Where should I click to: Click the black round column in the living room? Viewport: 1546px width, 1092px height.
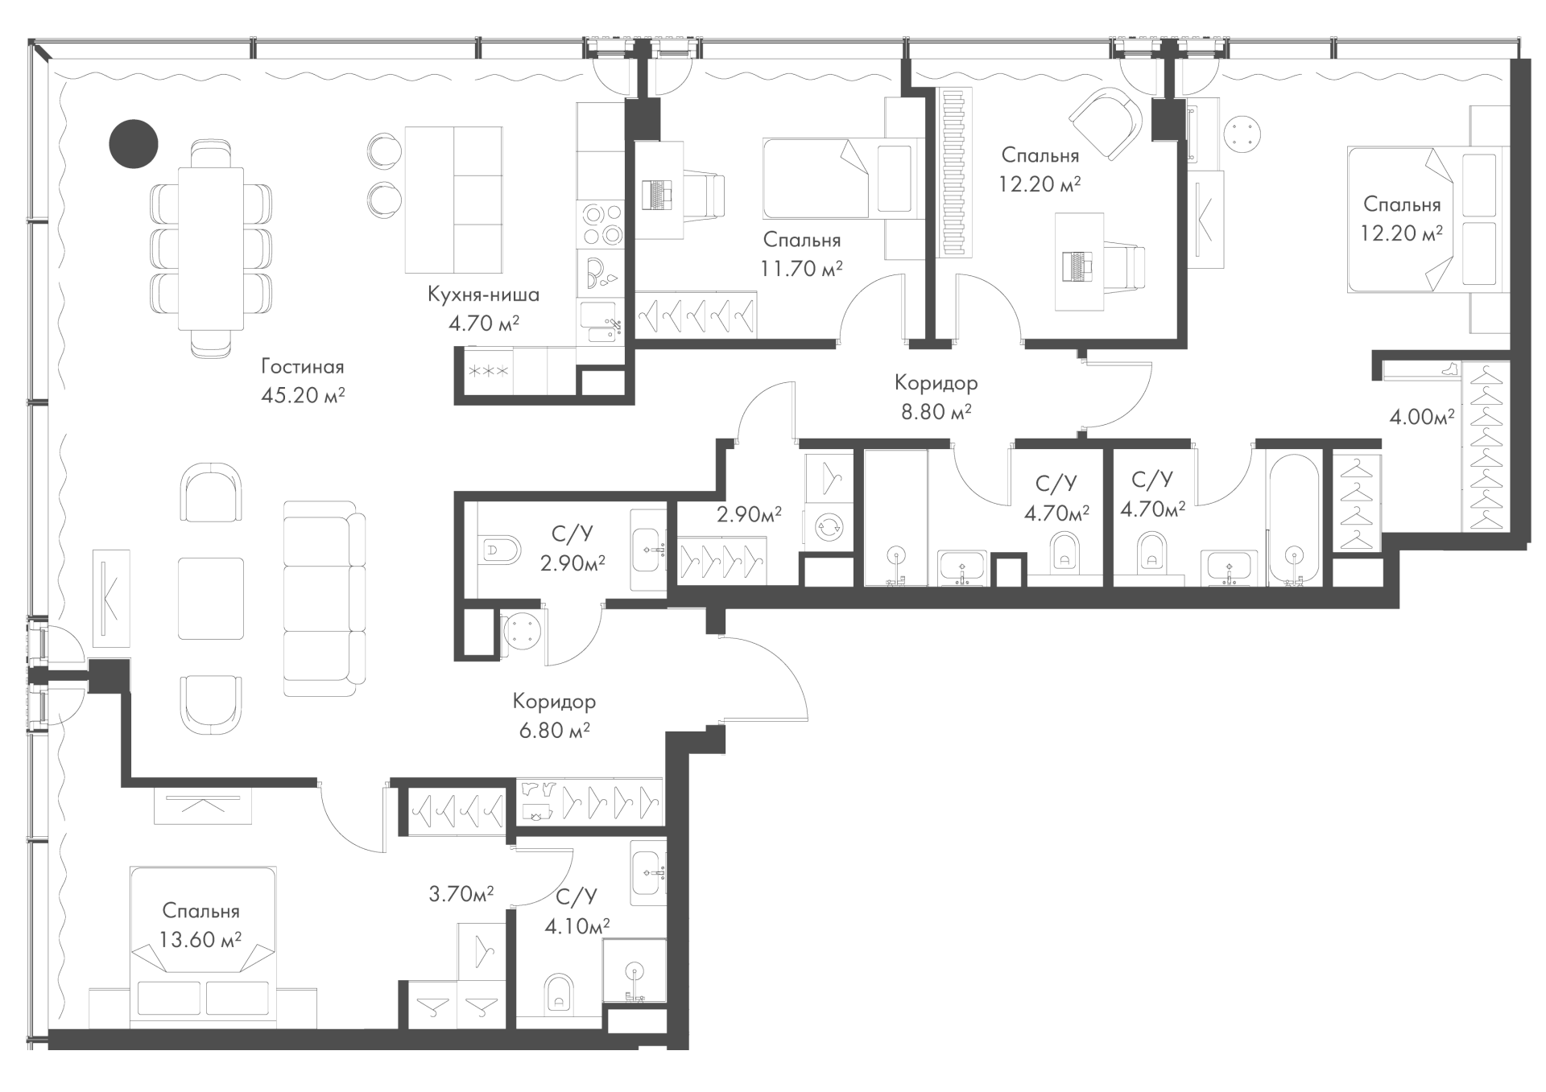pos(134,144)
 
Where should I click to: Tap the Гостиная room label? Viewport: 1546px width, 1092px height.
pos(302,367)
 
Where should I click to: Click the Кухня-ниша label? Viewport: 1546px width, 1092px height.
pos(483,295)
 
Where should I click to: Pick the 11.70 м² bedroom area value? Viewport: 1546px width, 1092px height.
pos(801,268)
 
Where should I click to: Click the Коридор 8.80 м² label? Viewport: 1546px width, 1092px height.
pos(936,398)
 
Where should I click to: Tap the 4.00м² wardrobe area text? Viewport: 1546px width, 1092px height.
pos(1421,417)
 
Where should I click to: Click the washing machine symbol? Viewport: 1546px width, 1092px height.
pos(827,528)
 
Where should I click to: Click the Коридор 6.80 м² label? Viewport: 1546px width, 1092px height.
pos(554,715)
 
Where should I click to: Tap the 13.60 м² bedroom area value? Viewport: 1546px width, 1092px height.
pos(201,939)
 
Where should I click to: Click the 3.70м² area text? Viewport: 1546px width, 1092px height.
pos(461,893)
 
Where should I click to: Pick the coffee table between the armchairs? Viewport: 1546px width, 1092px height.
pos(210,598)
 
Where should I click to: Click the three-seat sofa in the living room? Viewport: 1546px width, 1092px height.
pos(324,599)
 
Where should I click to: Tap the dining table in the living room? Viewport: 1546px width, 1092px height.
pos(210,248)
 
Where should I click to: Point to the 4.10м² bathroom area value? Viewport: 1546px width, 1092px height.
pos(577,926)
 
